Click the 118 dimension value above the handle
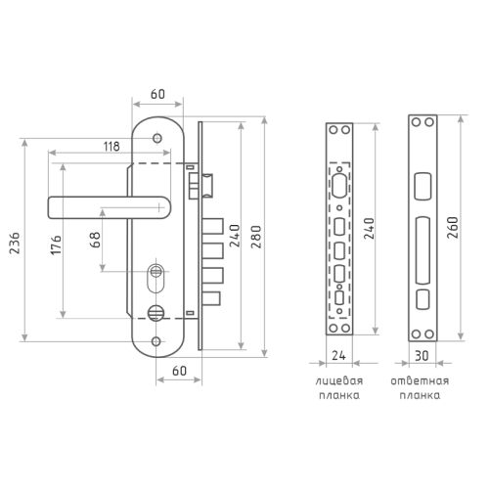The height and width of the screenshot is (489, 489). pyautogui.click(x=111, y=147)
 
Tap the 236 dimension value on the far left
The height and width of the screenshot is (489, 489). pyautogui.click(x=15, y=244)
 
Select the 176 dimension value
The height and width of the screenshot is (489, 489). pyautogui.click(x=56, y=244)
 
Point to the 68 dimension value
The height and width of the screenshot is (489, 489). pyautogui.click(x=95, y=240)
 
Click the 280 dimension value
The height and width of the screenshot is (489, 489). pyautogui.click(x=256, y=237)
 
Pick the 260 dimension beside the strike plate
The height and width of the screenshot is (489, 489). pyautogui.click(x=453, y=228)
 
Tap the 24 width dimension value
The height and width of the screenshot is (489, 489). pyautogui.click(x=338, y=355)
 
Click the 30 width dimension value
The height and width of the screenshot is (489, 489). pyautogui.click(x=422, y=356)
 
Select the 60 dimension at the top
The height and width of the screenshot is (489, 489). pyautogui.click(x=157, y=94)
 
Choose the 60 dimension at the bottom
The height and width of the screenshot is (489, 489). pyautogui.click(x=179, y=371)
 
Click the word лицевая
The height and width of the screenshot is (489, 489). pyautogui.click(x=339, y=381)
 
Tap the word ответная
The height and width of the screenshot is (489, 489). pyautogui.click(x=420, y=380)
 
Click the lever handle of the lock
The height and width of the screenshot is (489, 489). pyautogui.click(x=110, y=207)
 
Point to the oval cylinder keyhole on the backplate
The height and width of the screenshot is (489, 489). pyautogui.click(x=156, y=278)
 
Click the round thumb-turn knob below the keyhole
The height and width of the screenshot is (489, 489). pyautogui.click(x=156, y=313)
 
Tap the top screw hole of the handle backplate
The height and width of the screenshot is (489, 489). pyautogui.click(x=157, y=138)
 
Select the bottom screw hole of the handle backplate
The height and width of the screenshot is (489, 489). pyautogui.click(x=156, y=341)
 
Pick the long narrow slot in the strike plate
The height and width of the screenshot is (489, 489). pyautogui.click(x=422, y=250)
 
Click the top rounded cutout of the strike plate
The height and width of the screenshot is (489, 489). pyautogui.click(x=422, y=186)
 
